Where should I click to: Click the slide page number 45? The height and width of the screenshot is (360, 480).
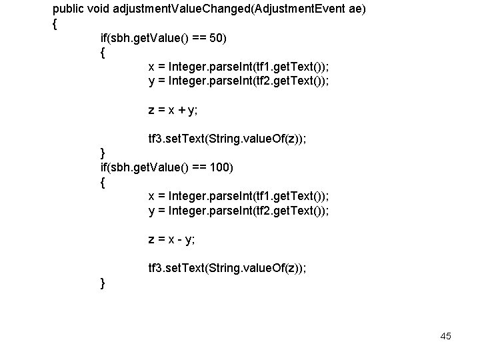coord(445,336)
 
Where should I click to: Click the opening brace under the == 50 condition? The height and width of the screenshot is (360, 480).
coord(102,53)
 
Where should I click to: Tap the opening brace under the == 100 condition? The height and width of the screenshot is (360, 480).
coord(102,182)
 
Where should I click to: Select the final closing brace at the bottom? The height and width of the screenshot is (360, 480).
coord(102,283)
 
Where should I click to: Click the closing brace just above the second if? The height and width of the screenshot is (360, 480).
coord(102,154)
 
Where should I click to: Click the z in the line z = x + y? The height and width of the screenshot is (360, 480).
coord(151,111)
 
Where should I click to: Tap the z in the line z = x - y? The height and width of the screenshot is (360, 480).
coord(151,239)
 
